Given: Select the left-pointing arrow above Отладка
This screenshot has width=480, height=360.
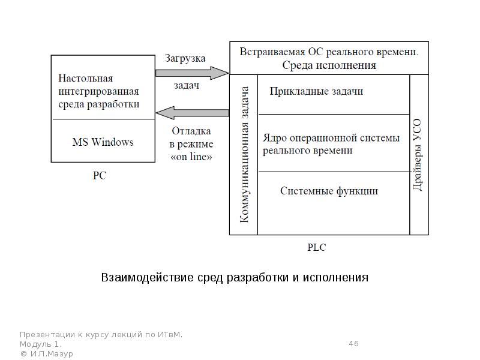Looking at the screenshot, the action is (192, 112).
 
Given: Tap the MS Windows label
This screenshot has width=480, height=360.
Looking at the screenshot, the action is (103, 142).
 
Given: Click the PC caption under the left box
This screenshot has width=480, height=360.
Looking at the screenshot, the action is (100, 176).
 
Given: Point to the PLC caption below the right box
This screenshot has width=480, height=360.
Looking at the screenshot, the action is (316, 247).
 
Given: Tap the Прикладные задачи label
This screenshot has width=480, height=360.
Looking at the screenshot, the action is (316, 91).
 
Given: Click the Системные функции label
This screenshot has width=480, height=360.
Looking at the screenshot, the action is (329, 191).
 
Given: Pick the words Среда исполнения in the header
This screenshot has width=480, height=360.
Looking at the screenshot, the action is (329, 65).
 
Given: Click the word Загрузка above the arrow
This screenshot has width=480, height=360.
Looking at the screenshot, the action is (185, 59).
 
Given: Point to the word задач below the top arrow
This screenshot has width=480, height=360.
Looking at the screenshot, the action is (187, 86).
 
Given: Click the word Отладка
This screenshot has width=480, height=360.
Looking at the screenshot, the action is (191, 131).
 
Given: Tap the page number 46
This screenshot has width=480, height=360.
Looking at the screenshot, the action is (353, 344).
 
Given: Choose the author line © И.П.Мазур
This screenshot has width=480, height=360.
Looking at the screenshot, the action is (46, 354).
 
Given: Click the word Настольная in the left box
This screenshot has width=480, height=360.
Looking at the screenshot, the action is (86, 78).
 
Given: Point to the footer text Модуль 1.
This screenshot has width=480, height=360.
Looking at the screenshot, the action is (40, 344).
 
